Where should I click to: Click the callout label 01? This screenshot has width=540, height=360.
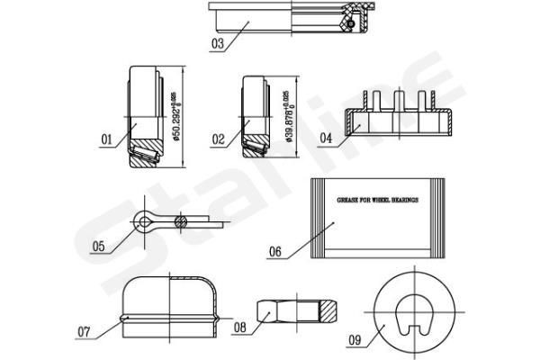106,139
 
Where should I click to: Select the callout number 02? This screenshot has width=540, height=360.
218,139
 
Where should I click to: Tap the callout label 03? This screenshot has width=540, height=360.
218,41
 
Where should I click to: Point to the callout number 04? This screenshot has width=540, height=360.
326,138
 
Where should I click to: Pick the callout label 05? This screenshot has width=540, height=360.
99,246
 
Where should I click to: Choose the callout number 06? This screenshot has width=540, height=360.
275,253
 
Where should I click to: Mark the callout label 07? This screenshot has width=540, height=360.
84,332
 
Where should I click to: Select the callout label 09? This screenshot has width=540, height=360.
355,340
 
